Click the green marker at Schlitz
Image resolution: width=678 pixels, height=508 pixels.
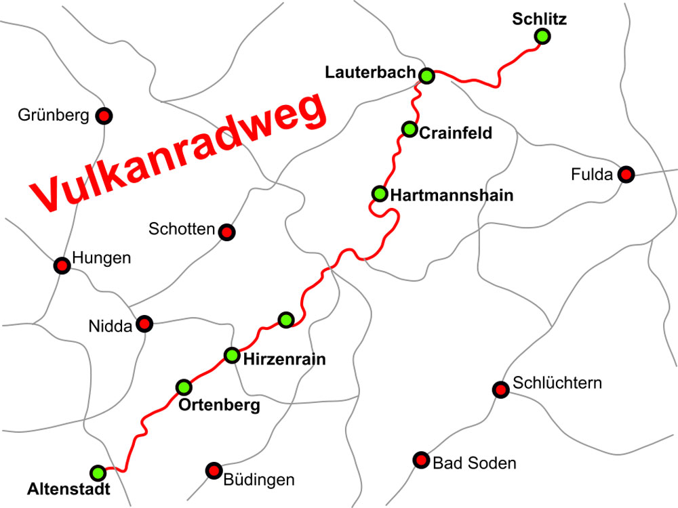point(542,37)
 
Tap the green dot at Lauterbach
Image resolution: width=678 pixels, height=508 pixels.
point(426,75)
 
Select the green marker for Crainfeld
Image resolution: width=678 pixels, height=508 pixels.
point(409,129)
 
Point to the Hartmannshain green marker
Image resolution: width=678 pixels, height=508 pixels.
point(380,194)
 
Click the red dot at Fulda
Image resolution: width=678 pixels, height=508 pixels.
point(626,175)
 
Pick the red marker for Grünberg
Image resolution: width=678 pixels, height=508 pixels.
point(104,116)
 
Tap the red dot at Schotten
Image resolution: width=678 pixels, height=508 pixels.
point(226,232)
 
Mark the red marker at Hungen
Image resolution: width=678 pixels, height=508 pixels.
point(62,266)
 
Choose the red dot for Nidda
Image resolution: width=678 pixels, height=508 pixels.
point(144,324)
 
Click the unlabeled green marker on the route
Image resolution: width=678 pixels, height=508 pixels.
point(286,319)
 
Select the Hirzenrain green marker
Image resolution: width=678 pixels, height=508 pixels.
point(232,355)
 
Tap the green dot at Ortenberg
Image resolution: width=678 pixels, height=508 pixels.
point(184,387)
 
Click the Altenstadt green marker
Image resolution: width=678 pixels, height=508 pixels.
point(98,472)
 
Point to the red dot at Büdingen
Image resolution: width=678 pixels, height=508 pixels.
point(214,470)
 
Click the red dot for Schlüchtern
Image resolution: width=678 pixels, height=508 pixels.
point(500,389)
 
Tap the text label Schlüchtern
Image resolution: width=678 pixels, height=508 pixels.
point(557,383)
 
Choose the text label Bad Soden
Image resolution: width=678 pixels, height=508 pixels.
point(474,463)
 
